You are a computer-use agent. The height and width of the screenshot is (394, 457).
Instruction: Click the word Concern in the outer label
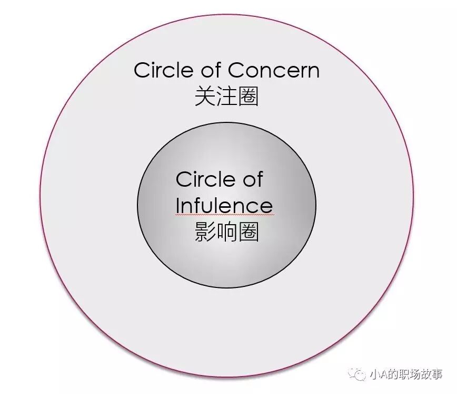coord(273,70)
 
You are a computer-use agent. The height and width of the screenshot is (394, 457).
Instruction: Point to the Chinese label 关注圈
coord(226,97)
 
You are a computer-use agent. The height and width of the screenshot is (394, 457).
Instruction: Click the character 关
coord(205,97)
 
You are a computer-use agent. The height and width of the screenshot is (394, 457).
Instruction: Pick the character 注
coord(226,97)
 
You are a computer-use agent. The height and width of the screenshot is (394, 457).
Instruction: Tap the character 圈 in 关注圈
coord(248,97)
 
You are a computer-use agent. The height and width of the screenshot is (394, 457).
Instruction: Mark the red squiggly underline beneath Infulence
coord(224,215)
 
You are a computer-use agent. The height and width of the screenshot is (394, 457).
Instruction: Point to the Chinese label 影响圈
coord(226,232)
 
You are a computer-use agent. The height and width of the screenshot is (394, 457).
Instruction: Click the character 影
coord(205,232)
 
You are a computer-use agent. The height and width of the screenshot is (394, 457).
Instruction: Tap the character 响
coord(226,232)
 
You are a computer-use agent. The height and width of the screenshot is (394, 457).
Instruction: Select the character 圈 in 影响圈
coord(248,232)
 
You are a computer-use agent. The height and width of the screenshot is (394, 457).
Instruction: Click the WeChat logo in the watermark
coord(361,374)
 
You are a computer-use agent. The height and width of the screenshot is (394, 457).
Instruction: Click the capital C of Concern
coord(236,70)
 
